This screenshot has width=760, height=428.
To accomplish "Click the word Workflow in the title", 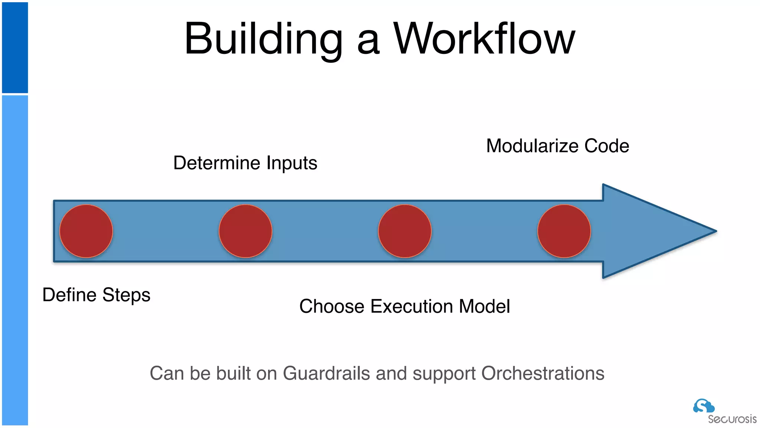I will (x=484, y=39).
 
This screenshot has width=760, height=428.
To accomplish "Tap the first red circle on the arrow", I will (x=86, y=231).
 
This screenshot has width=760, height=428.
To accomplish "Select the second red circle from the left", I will (x=245, y=231).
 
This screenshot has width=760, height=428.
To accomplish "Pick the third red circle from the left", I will (x=404, y=231).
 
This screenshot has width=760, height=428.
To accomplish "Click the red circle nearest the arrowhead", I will (x=564, y=231).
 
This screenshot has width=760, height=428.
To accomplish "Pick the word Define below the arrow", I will (x=69, y=295).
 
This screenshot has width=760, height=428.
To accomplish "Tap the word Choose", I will (x=332, y=307).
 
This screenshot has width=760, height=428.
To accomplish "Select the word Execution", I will (x=412, y=307).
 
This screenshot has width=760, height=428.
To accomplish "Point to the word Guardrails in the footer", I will (x=326, y=373).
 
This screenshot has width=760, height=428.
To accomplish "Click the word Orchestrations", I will (x=543, y=373).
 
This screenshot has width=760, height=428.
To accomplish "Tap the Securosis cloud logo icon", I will (x=703, y=406).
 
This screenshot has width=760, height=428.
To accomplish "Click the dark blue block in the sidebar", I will (x=15, y=48).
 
